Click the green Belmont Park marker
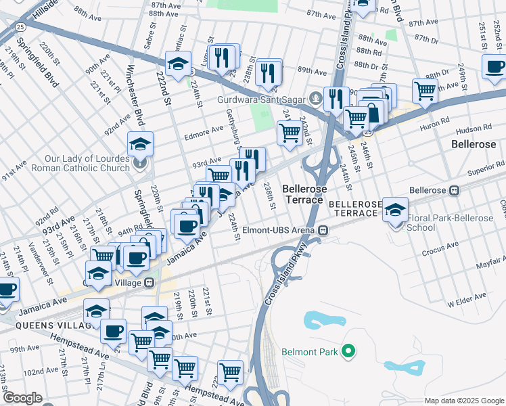point(348,351)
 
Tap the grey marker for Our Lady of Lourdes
point(140,162)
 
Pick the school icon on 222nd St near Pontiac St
point(177,65)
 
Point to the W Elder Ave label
point(467,296)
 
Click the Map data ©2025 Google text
point(463,401)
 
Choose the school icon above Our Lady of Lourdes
point(140,143)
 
